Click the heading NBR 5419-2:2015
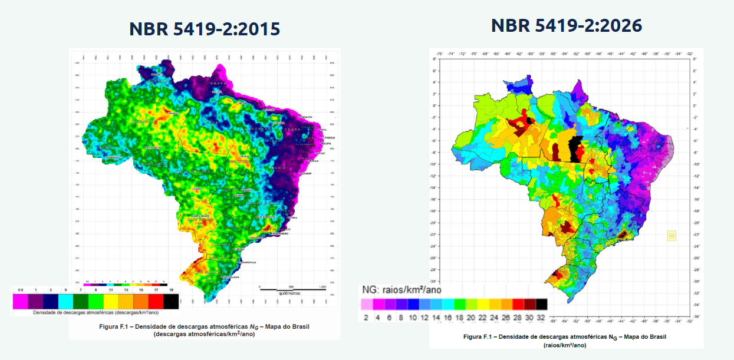pos(204,29)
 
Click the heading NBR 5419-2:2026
pos(566,25)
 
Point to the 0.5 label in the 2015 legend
pos(21,290)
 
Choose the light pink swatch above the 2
pos(366,304)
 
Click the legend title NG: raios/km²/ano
pos(400,290)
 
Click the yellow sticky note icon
pos(672,236)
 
